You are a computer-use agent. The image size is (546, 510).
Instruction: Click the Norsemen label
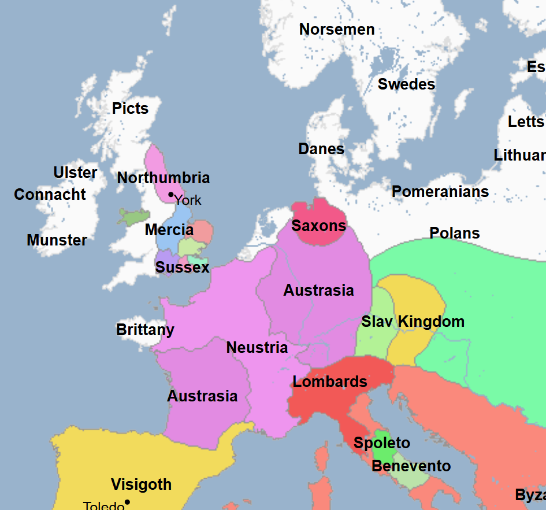337,29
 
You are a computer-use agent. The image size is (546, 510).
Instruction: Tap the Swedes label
406,84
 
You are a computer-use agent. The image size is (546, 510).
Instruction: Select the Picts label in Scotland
130,109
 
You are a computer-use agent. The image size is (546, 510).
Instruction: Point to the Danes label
321,149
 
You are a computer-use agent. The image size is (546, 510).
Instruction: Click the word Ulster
75,173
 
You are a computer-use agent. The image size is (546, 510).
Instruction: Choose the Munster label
57,240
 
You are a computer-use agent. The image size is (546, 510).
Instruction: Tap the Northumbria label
164,178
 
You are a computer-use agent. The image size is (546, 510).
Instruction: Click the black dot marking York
170,195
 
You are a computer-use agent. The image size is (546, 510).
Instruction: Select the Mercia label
169,230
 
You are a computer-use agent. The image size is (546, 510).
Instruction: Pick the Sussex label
182,267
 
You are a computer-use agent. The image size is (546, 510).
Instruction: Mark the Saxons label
318,226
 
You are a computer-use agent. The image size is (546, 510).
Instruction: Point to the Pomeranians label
440,192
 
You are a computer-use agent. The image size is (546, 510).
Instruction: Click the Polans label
455,233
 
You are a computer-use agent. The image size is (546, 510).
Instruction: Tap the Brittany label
145,330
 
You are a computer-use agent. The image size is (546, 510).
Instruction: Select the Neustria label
257,348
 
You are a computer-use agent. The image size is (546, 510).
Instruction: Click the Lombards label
330,382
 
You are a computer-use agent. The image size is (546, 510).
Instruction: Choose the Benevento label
411,466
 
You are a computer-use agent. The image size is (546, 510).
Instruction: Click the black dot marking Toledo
127,502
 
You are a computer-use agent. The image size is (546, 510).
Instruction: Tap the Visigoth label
141,485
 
